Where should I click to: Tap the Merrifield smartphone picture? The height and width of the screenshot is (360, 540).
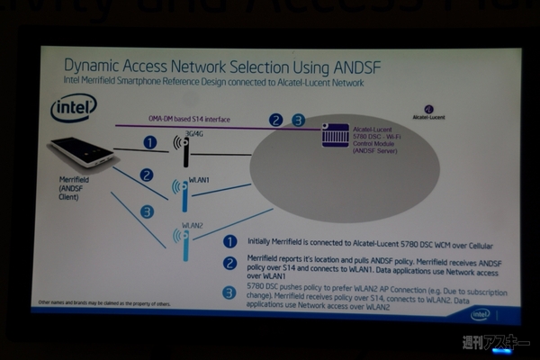pos(82,150)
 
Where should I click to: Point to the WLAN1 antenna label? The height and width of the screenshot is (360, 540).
pos(199,180)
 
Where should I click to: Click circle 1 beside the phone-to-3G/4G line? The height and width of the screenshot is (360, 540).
pos(150,142)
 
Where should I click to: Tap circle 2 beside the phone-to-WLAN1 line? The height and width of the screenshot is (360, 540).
pos(147,175)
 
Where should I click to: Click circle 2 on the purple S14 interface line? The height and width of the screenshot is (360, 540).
pos(276,120)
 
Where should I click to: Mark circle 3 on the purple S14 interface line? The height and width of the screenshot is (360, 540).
pos(298,120)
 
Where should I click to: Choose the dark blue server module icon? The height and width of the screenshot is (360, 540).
pos(335,135)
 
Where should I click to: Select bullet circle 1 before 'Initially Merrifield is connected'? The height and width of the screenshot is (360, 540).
pos(230,243)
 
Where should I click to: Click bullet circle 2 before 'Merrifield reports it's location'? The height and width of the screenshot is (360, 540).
pos(230,265)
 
